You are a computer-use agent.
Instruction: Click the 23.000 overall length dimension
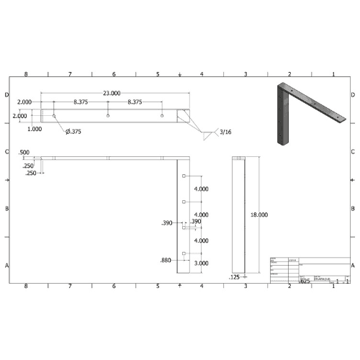[112, 94]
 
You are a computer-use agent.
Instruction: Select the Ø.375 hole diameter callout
[73, 131]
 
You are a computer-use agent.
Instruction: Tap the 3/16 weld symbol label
[226, 132]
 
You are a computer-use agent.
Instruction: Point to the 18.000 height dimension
[258, 215]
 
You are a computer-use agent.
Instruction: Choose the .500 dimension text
[24, 153]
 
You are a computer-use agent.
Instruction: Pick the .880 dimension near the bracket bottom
[167, 260]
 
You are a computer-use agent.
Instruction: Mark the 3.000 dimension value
[201, 264]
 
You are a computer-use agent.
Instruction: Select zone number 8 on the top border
[26, 74]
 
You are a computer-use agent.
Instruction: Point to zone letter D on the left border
[7, 95]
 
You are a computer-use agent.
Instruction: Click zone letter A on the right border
[353, 266]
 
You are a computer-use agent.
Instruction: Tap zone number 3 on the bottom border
[246, 286]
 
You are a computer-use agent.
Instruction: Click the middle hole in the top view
[108, 116]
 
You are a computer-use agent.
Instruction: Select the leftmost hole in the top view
[54, 116]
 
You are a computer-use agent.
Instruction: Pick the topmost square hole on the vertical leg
[184, 176]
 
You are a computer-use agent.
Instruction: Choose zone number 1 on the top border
[333, 74]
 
